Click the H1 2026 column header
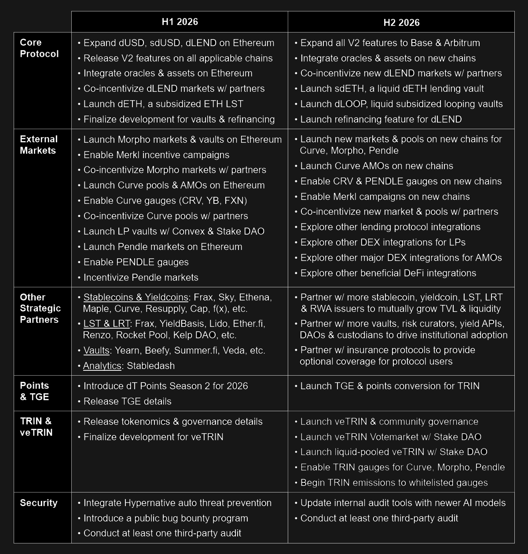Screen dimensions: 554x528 pyautogui.click(x=180, y=22)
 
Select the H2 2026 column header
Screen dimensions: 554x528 pyautogui.click(x=401, y=22)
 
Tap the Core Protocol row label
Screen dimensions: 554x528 pyautogui.click(x=39, y=48)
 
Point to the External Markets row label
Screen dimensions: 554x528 pyautogui.click(x=39, y=145)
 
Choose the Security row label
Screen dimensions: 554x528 pyautogui.click(x=39, y=503)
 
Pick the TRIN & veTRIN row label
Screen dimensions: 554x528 pyautogui.click(x=36, y=427)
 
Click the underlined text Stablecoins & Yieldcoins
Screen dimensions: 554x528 pyautogui.click(x=136, y=297)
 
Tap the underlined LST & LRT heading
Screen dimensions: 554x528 pyautogui.click(x=106, y=324)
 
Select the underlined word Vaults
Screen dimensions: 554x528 pyautogui.click(x=96, y=351)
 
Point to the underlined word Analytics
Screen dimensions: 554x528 pyautogui.click(x=102, y=366)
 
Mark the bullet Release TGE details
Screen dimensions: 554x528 pyautogui.click(x=127, y=402)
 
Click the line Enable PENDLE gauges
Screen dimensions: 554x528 pyautogui.click(x=136, y=262)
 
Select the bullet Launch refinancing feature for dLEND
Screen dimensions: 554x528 pyautogui.click(x=381, y=119)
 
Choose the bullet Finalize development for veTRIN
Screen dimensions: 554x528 pyautogui.click(x=153, y=437)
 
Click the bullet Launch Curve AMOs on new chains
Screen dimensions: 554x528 pyautogui.click(x=376, y=166)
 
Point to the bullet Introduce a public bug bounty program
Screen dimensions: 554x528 pyautogui.click(x=165, y=518)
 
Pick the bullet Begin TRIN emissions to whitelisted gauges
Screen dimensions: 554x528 pyautogui.click(x=394, y=483)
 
